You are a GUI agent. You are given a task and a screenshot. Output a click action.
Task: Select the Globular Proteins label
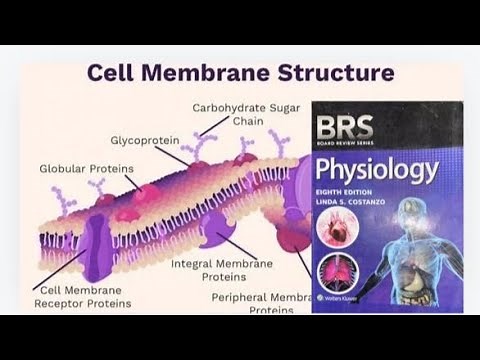(86, 169)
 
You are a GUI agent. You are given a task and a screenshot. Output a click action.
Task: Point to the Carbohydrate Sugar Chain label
(235, 113)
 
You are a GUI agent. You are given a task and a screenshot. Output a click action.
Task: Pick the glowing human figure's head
(410, 211)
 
